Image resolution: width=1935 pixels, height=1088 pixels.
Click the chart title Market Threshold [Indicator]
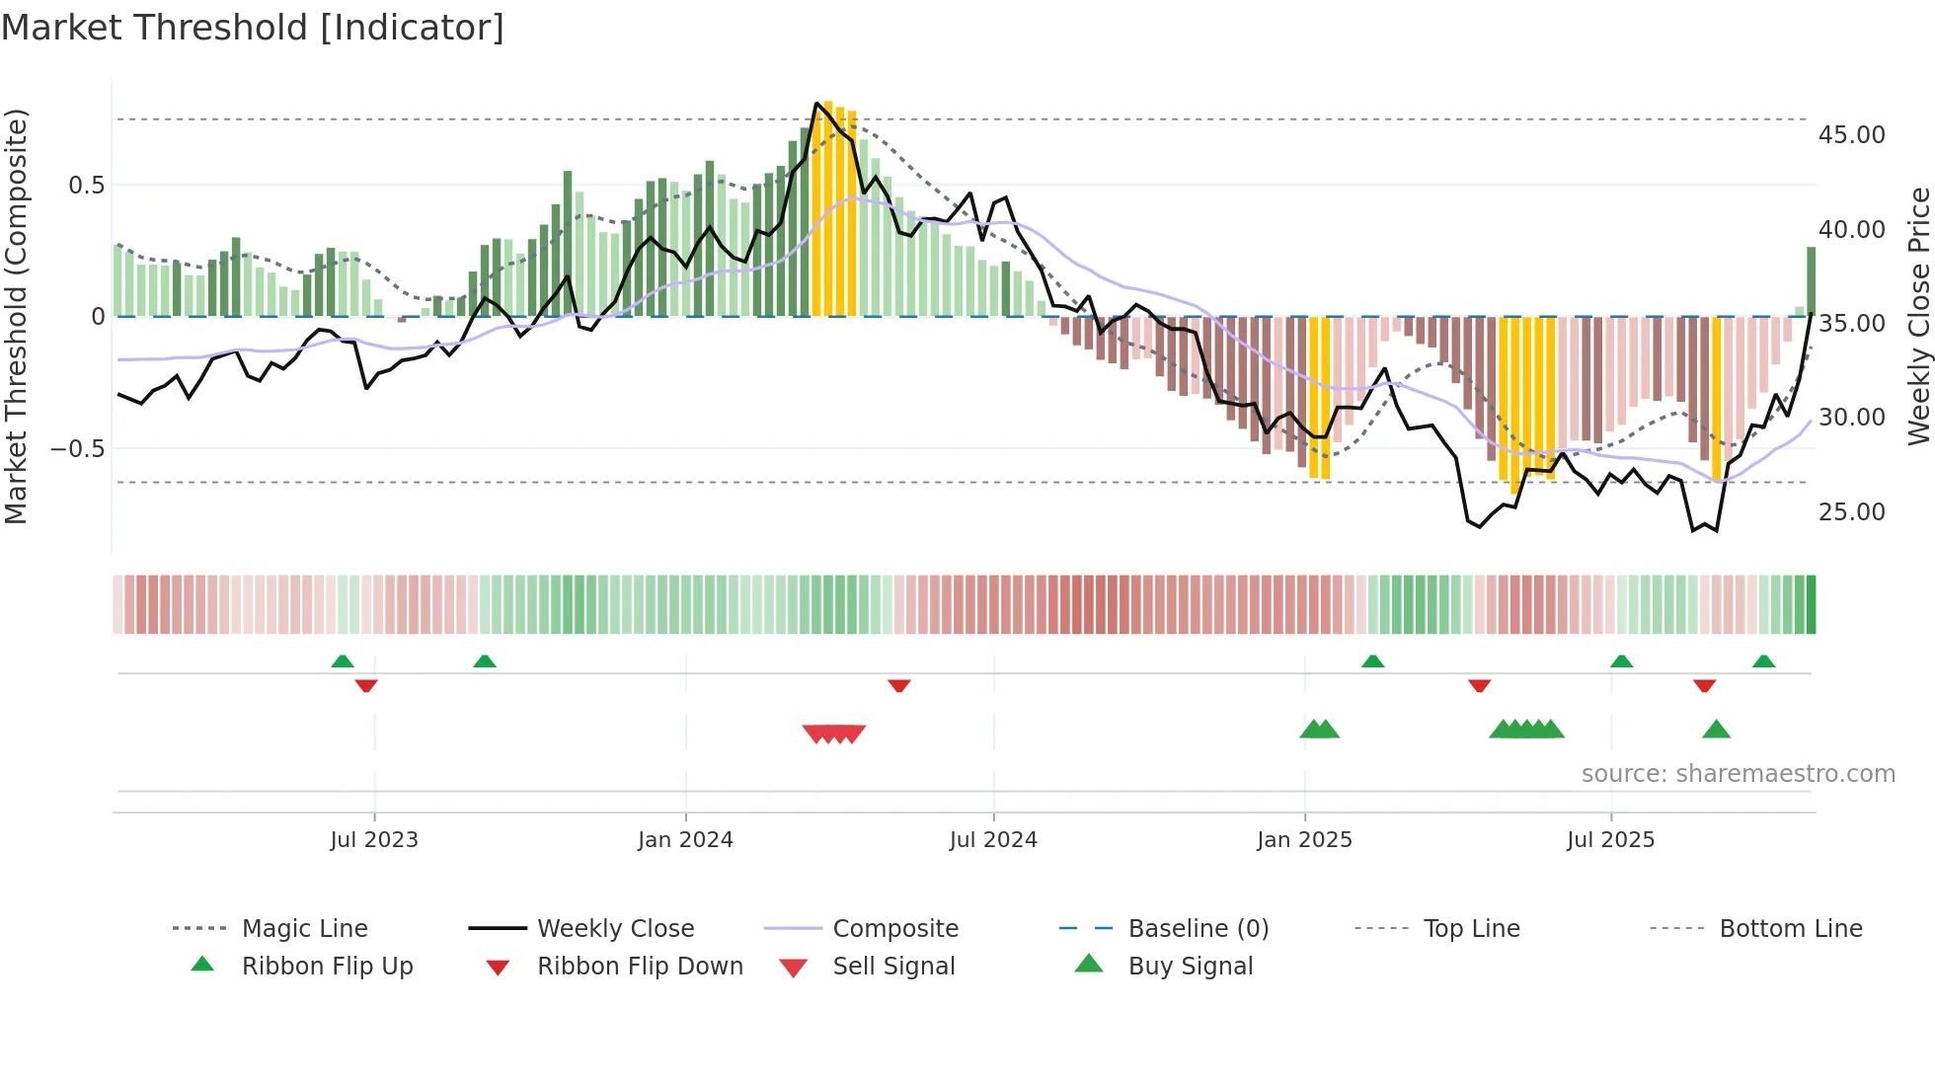(x=253, y=28)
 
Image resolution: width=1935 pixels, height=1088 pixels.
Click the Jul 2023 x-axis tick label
(x=374, y=840)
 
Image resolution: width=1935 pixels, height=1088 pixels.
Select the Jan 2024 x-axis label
(x=685, y=840)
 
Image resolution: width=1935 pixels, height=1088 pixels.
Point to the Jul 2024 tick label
(x=993, y=840)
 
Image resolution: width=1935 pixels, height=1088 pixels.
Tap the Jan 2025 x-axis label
(x=1304, y=840)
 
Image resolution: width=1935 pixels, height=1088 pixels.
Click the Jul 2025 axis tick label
(x=1610, y=840)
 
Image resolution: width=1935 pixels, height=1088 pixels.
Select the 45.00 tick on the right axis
(x=1851, y=135)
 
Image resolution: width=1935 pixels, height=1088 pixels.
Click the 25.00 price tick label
(x=1851, y=512)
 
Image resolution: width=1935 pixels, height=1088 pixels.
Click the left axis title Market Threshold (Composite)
(x=16, y=316)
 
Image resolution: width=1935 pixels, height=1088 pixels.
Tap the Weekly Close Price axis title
(x=1918, y=316)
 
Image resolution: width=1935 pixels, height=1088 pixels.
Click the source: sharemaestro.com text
(x=1738, y=774)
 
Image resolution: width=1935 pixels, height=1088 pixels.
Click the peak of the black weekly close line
(x=816, y=104)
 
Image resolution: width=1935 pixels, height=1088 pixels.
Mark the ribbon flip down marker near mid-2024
(x=898, y=685)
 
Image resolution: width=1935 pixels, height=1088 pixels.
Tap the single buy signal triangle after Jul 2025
(x=1716, y=730)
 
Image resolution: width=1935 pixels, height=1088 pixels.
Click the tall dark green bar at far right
(x=1811, y=281)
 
